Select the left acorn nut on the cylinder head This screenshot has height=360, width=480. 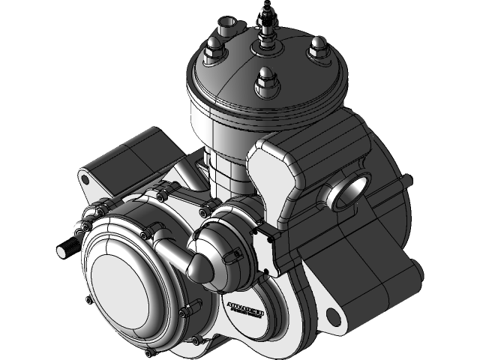[x=212, y=53]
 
